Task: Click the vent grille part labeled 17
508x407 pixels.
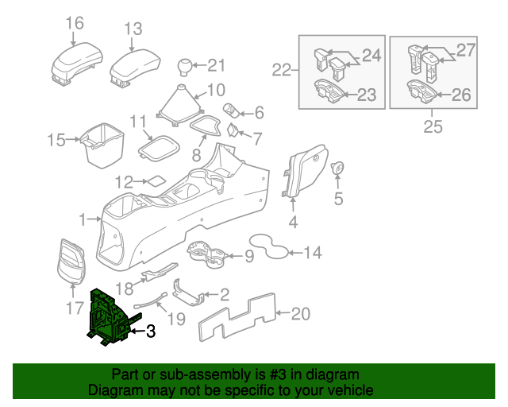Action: pos(73,261)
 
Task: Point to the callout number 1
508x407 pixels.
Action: pos(83,219)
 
